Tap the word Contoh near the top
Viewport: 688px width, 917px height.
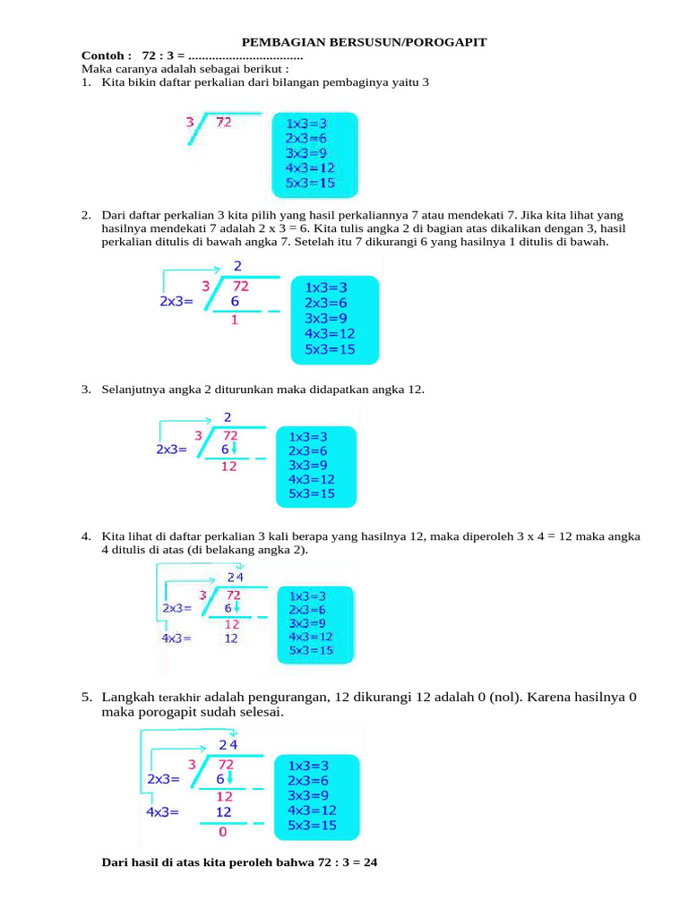point(99,56)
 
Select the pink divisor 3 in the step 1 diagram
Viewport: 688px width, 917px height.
point(189,122)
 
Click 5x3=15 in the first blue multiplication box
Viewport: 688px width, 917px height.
point(310,183)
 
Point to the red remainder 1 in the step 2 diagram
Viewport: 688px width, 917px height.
point(235,320)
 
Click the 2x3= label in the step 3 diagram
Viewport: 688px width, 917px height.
point(172,450)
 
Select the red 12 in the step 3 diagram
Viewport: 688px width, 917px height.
point(228,467)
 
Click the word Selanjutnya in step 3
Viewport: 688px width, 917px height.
point(136,390)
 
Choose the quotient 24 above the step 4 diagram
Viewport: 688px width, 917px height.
point(235,577)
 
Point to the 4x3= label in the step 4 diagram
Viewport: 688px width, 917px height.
point(176,638)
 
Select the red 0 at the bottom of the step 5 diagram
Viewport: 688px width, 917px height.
point(223,832)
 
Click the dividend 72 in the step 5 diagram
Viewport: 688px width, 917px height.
point(225,764)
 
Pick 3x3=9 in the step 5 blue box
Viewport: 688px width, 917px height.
point(312,795)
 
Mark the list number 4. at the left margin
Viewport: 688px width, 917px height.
point(86,536)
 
